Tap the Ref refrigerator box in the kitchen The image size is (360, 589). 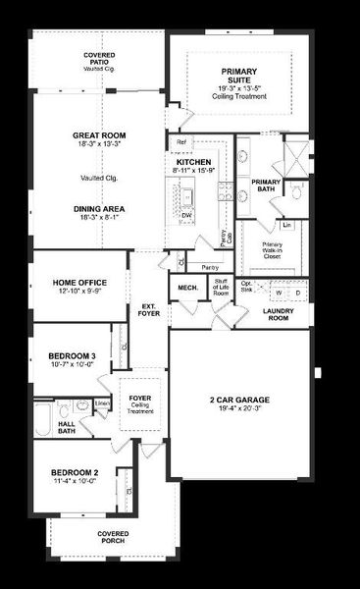181,143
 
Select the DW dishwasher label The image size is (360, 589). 186,215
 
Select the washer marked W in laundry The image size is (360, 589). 281,293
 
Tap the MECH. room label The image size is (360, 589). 188,287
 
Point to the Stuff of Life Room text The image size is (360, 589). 222,288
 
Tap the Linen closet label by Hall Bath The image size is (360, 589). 101,402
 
